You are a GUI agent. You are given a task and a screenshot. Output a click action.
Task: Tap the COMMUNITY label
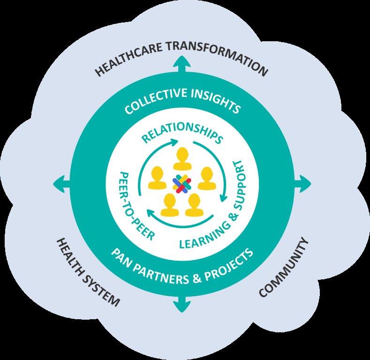point(284,268)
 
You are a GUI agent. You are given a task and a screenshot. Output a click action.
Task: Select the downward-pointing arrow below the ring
point(181,304)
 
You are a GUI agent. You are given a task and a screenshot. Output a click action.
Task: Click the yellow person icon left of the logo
point(157,179)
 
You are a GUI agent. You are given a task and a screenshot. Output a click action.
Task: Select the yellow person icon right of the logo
point(206,179)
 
